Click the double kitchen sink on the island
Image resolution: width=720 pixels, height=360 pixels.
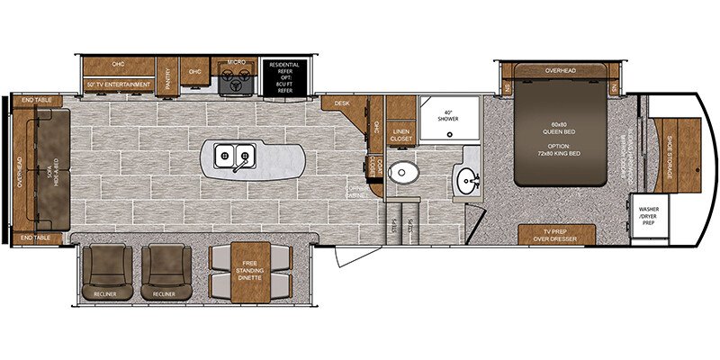coord(233,158)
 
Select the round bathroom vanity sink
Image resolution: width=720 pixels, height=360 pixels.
coord(467,179)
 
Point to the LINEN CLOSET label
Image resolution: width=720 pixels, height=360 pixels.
coord(401,135)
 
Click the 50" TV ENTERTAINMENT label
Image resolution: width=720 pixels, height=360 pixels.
coord(118,85)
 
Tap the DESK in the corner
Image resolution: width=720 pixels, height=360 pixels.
coord(343,104)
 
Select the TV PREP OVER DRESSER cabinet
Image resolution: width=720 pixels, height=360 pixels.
coord(555,235)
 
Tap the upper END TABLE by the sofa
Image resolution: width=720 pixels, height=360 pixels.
coord(36,100)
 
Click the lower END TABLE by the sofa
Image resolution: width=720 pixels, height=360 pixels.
coord(36,237)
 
